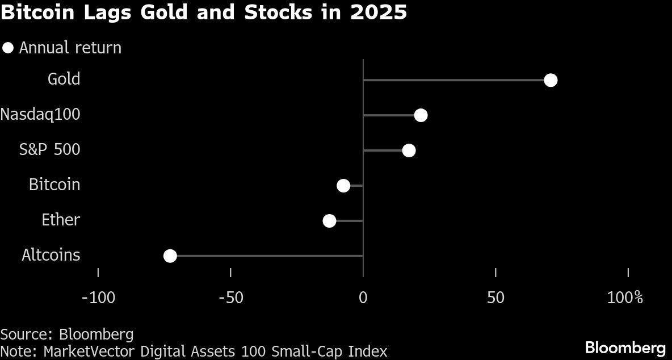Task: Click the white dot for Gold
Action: (550, 80)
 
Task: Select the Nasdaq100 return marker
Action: (421, 115)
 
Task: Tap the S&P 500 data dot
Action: (409, 150)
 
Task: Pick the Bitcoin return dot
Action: (343, 186)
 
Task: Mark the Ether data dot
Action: (329, 221)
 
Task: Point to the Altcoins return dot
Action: (170, 256)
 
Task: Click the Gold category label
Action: (64, 79)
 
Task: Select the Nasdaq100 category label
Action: (40, 114)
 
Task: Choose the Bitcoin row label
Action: (54, 185)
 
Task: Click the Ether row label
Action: (61, 220)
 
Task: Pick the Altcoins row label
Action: (51, 255)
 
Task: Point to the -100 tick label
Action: (98, 297)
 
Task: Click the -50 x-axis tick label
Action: (230, 297)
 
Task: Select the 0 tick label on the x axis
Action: (363, 297)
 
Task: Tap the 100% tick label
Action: (625, 297)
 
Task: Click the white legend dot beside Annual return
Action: (8, 48)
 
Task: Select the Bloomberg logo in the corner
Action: (625, 348)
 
